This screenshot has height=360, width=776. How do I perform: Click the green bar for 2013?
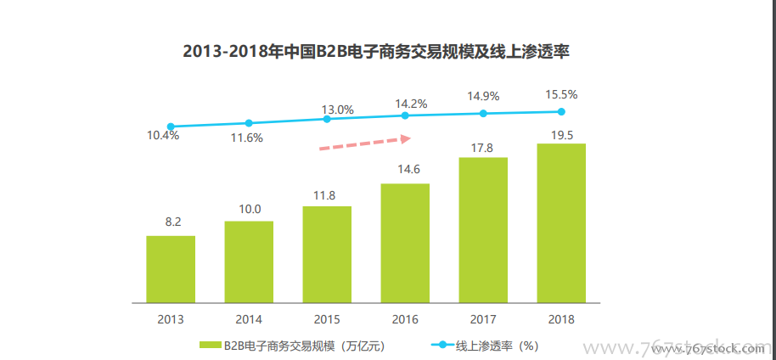pos(171,268)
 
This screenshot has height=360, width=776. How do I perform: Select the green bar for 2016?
pos(405,243)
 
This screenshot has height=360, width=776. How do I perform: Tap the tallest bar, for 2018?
pos(561,222)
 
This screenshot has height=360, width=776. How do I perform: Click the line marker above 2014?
pos(249,123)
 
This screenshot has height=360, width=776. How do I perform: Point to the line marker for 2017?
pos(483,113)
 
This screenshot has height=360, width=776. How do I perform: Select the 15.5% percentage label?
pos(561,94)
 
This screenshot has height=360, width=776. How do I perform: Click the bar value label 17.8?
pos(483,148)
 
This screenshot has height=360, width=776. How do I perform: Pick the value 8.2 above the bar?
pos(173,222)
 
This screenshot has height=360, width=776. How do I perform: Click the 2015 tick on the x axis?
pos(327,320)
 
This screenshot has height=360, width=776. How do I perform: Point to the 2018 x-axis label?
pos(561,320)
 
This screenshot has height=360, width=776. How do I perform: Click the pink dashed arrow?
pos(364,142)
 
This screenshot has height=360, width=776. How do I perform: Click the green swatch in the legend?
pos(210,346)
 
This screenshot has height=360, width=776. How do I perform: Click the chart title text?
pos(375,51)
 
